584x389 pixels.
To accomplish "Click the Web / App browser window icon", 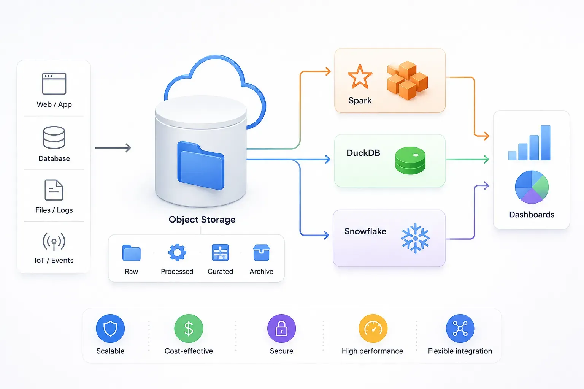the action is (x=54, y=83).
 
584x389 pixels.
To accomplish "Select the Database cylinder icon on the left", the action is (x=54, y=137).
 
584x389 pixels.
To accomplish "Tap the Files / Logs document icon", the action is (x=54, y=190).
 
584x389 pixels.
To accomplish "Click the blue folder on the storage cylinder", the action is (x=201, y=166).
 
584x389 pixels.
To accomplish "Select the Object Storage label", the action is (x=202, y=220).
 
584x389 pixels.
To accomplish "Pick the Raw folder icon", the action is (x=132, y=253).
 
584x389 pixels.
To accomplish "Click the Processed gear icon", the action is (x=177, y=253).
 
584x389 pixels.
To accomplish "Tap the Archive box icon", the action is (x=261, y=253).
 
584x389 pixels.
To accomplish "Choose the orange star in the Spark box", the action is (x=360, y=77).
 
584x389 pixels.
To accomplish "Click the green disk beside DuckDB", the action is (x=410, y=160).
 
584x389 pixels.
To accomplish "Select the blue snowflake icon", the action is (x=415, y=238).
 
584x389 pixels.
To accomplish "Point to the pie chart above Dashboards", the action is (x=532, y=187).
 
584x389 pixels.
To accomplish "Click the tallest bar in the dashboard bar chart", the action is (x=546, y=142).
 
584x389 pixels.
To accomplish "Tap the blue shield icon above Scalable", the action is (x=110, y=328).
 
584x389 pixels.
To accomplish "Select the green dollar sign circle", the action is (x=189, y=328).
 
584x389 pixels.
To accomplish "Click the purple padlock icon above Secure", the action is (x=282, y=328).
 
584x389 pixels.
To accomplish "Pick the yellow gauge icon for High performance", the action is (x=373, y=328).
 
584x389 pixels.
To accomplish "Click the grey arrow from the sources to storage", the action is (x=113, y=148).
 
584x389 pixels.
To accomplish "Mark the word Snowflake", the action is (x=365, y=231).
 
